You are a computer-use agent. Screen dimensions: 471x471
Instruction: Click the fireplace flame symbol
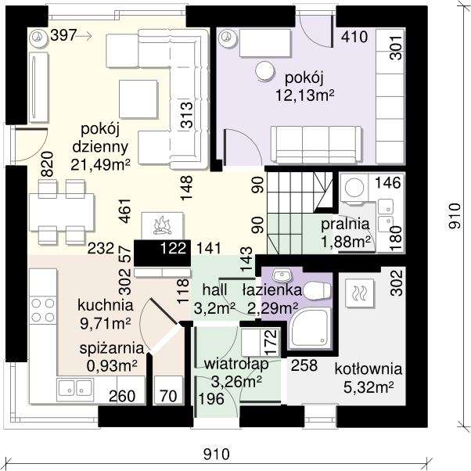tap(163, 225)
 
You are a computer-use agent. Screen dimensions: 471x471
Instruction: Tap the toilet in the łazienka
tap(317, 290)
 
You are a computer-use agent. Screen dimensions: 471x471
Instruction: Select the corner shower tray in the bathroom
tap(309, 327)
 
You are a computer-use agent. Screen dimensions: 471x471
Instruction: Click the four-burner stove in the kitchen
tap(43, 310)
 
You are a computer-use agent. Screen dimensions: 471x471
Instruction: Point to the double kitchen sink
tap(75, 388)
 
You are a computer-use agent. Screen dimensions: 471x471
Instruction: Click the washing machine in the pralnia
tap(354, 187)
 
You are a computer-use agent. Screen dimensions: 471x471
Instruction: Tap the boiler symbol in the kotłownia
tap(359, 293)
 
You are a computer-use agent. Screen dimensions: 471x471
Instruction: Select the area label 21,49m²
tap(100, 164)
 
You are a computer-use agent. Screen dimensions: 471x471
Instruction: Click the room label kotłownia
tap(369, 369)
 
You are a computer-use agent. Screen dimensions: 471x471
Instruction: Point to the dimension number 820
tap(48, 164)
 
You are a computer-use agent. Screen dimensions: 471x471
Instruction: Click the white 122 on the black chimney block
tap(174, 249)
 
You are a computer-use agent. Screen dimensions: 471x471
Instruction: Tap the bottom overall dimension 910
tap(217, 454)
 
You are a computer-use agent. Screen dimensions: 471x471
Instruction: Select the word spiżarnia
tap(112, 349)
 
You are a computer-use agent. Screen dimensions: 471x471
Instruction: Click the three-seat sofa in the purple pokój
tap(316, 145)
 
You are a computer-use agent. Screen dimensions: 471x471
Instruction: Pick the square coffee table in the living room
tap(138, 99)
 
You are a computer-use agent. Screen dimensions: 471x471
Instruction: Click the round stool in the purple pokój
tap(264, 71)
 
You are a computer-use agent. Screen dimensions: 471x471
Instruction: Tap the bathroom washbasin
tap(282, 275)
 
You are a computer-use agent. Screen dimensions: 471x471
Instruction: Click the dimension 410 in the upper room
tap(354, 37)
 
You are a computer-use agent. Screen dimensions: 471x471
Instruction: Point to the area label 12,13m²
tap(305, 95)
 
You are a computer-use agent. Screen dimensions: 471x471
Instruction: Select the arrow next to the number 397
tap(84, 36)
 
